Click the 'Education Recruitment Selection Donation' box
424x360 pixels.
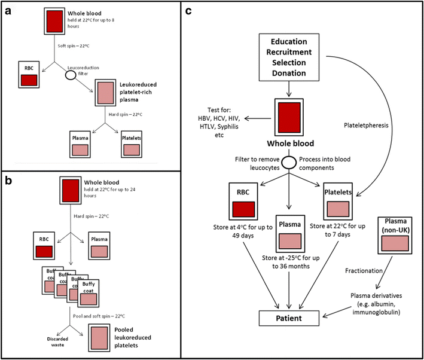tap(290, 57)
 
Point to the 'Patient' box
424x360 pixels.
tap(290, 319)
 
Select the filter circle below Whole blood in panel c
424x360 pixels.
tap(290, 163)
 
